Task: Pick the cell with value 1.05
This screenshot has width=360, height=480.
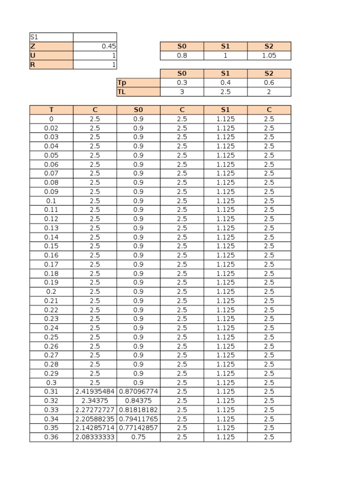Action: click(x=269, y=55)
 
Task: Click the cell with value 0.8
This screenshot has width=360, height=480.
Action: click(x=182, y=55)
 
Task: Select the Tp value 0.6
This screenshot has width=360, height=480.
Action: click(x=269, y=82)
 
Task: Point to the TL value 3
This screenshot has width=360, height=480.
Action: click(x=182, y=92)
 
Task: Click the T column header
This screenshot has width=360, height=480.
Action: click(x=51, y=110)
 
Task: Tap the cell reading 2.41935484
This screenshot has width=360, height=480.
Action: click(x=95, y=391)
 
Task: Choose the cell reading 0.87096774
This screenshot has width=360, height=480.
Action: click(x=138, y=391)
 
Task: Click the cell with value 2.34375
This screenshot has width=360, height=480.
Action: click(x=95, y=401)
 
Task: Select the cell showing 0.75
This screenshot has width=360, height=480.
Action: click(x=138, y=437)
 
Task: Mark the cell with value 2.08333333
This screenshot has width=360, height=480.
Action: click(x=95, y=437)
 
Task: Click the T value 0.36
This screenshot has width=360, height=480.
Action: click(x=51, y=437)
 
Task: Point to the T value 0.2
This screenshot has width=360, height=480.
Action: click(x=51, y=292)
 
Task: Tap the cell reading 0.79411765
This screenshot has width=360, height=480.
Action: click(x=138, y=419)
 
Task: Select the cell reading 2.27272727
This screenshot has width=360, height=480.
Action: click(x=95, y=410)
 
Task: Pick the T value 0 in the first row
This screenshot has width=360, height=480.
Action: click(x=51, y=119)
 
